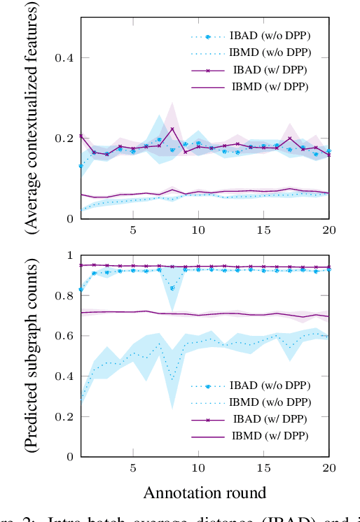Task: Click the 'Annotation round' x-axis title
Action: (x=205, y=492)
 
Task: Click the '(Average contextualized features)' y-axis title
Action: (x=32, y=118)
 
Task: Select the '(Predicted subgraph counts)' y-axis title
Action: (x=32, y=357)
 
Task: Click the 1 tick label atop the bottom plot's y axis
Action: (x=70, y=255)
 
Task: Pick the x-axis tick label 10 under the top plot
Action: (x=198, y=230)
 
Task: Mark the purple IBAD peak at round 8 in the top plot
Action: (x=172, y=129)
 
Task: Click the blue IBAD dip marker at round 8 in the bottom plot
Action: (x=172, y=288)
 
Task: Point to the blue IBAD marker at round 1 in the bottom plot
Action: (x=81, y=289)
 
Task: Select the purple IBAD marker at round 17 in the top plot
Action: (x=290, y=139)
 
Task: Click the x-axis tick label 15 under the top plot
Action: (x=264, y=230)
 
